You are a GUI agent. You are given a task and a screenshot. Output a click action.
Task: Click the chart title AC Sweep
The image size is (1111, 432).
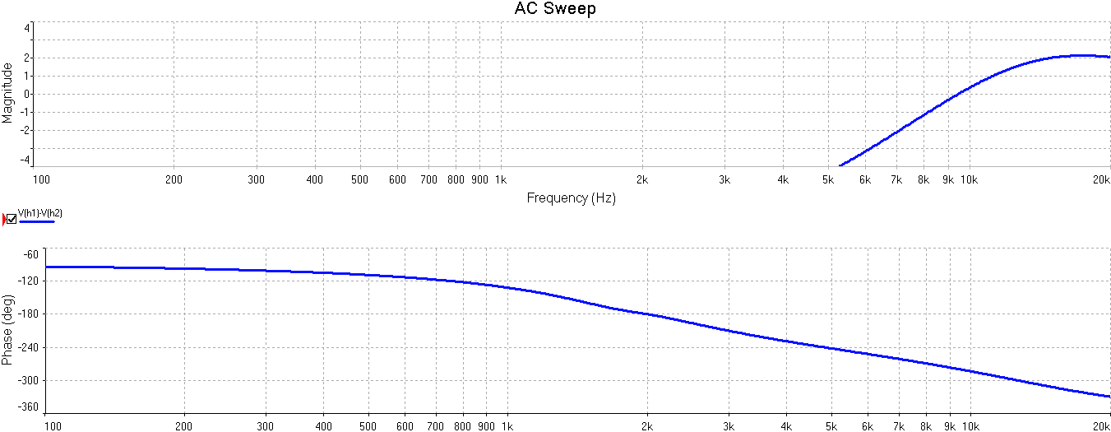pos(555,9)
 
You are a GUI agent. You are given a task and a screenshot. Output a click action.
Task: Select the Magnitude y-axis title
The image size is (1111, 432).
pos(7,93)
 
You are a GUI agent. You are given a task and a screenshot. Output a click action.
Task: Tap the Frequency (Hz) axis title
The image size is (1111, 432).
pos(571,197)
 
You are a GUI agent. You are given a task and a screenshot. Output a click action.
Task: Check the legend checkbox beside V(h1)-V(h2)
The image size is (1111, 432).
pos(12,219)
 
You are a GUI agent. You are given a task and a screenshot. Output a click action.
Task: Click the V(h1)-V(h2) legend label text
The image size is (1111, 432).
pos(41,213)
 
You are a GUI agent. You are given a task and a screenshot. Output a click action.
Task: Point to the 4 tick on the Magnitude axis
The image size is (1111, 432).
pos(27,27)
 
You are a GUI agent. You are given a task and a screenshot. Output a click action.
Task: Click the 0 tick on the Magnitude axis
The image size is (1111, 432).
pos(27,94)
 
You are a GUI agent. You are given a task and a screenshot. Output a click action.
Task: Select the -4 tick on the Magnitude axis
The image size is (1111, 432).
pos(25,160)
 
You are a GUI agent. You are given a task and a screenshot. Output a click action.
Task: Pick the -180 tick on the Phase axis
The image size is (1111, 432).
pos(27,314)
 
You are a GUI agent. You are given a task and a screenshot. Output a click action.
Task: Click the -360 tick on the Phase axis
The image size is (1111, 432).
pos(27,407)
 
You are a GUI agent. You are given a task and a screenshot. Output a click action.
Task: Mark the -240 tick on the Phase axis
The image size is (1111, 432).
pos(27,347)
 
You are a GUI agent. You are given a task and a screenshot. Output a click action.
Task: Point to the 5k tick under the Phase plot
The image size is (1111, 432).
pos(831,426)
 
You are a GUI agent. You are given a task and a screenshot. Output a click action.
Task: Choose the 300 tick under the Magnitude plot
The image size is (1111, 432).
pos(257,179)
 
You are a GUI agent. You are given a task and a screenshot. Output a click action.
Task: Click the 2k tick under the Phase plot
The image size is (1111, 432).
pos(647,426)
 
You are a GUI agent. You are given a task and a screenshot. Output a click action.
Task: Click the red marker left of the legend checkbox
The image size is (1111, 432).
pos(3,219)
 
